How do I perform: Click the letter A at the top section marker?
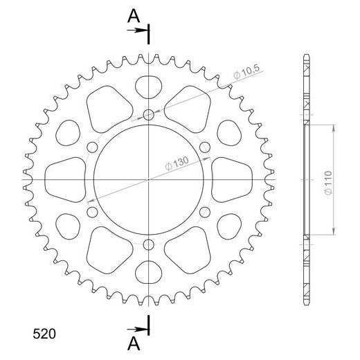pyautogui.click(x=132, y=16)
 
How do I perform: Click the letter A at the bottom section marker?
pyautogui.click(x=132, y=344)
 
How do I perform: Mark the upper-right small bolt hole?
pyautogui.click(x=206, y=147)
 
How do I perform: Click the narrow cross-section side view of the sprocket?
pyautogui.click(x=305, y=179)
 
